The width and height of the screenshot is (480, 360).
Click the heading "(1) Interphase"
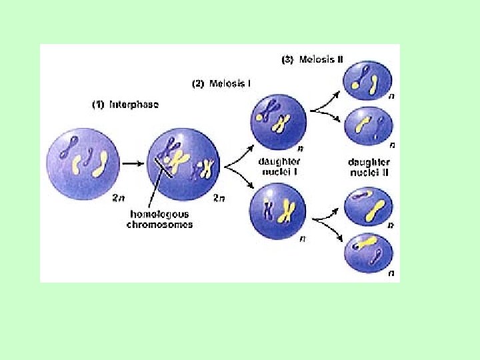125,105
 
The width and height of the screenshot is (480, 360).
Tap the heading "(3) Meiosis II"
312,59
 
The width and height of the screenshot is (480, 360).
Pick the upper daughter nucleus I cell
277,123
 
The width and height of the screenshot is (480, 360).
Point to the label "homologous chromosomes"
159,219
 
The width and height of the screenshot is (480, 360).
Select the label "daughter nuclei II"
369,167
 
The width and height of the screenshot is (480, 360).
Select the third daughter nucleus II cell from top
369,207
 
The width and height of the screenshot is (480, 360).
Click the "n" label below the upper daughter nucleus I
302,149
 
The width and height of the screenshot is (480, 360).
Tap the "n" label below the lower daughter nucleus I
302,238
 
